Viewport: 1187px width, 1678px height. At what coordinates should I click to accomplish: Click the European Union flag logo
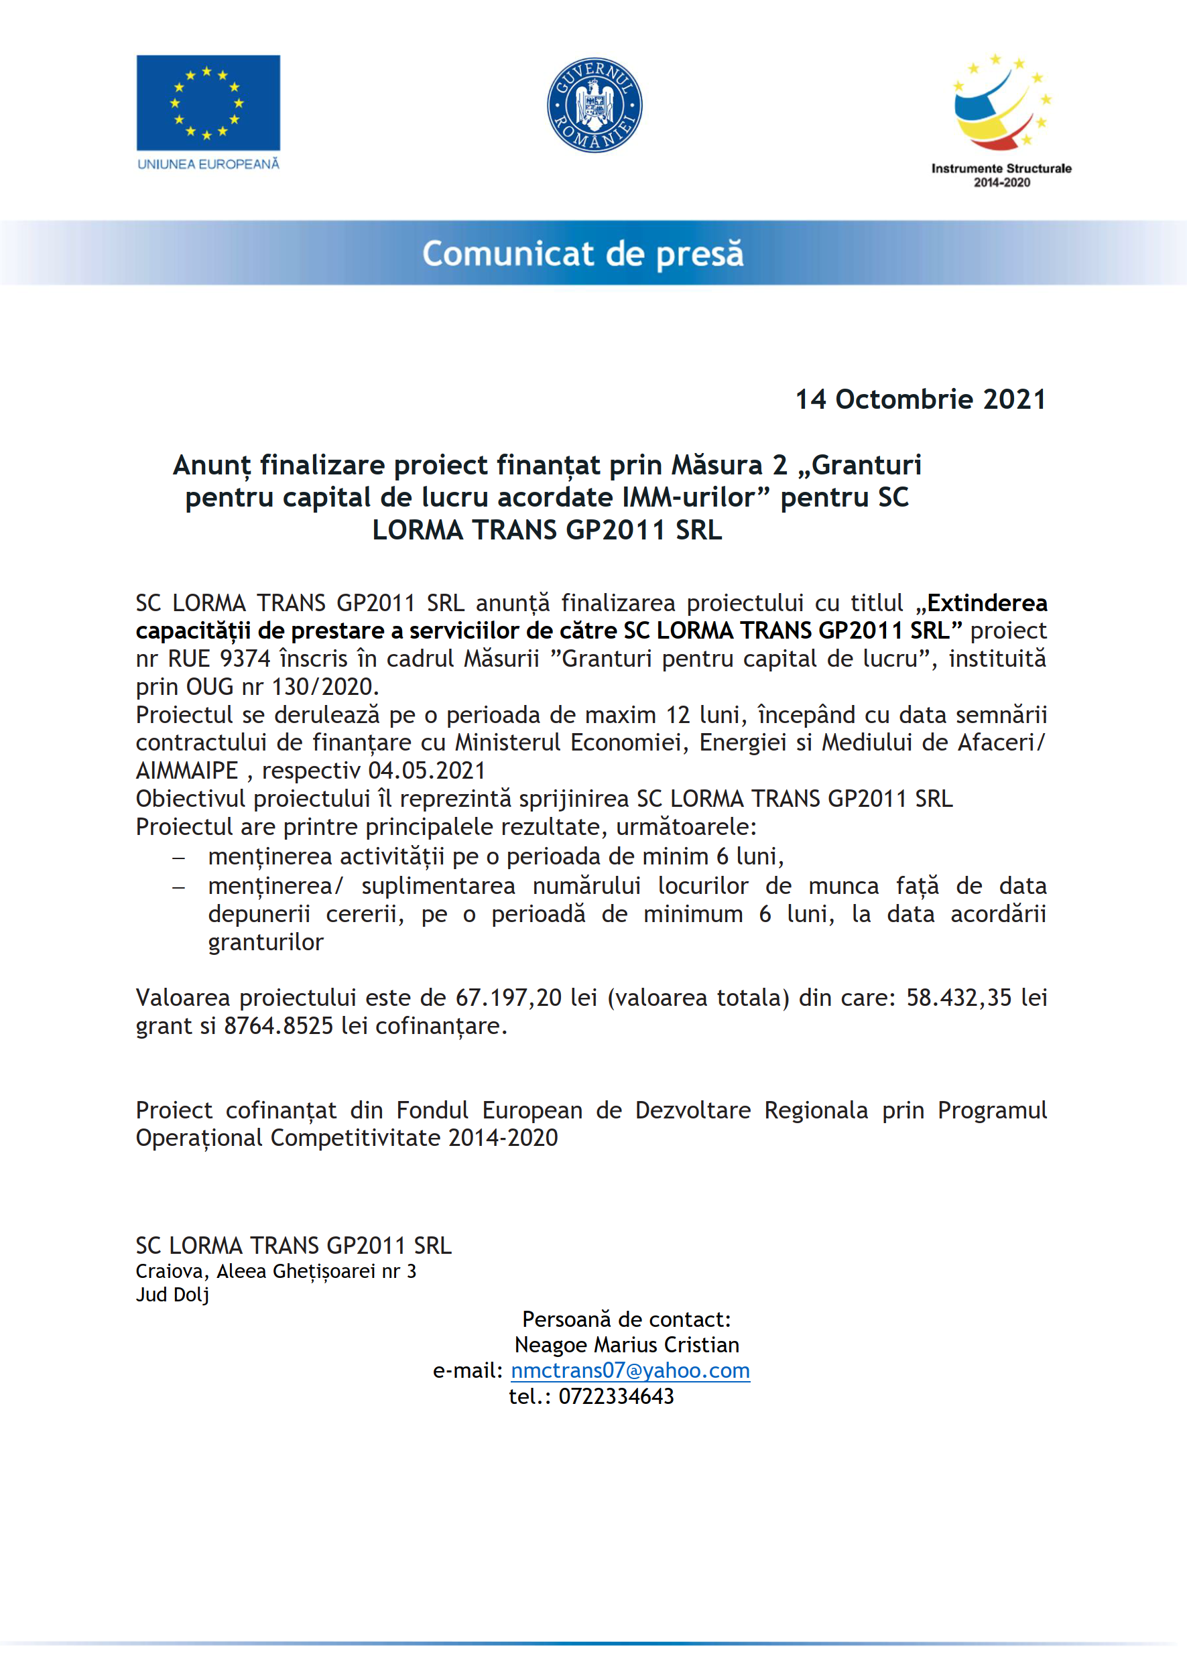tap(208, 103)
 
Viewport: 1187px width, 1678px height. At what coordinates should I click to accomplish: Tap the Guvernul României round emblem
tap(595, 105)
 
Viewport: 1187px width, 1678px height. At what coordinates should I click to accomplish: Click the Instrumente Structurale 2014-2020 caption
tap(1001, 176)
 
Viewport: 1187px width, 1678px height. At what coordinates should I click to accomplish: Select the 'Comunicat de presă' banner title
tap(582, 253)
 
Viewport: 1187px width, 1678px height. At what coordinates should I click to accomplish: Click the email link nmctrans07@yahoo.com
tap(630, 1370)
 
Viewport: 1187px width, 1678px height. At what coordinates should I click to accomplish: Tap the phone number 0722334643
tap(616, 1396)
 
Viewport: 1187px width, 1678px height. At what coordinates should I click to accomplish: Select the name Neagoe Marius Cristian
tap(627, 1345)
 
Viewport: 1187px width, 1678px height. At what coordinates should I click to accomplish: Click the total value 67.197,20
tap(508, 998)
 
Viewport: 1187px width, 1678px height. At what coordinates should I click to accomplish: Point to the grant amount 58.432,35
tap(959, 998)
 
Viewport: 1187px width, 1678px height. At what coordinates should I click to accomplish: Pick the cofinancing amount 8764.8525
tap(278, 1026)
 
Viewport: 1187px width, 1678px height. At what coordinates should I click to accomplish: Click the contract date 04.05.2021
tap(427, 770)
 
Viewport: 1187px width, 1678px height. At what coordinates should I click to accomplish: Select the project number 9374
tap(245, 659)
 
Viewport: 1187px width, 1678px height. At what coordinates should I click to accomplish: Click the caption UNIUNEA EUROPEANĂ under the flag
tap(208, 164)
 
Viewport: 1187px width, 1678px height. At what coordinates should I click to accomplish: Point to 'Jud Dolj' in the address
tap(172, 1294)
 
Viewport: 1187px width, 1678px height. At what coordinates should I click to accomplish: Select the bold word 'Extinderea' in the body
tap(987, 603)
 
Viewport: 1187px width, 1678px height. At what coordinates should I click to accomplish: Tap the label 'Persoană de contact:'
tap(627, 1319)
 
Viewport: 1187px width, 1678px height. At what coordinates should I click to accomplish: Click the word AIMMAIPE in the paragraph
tap(187, 770)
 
